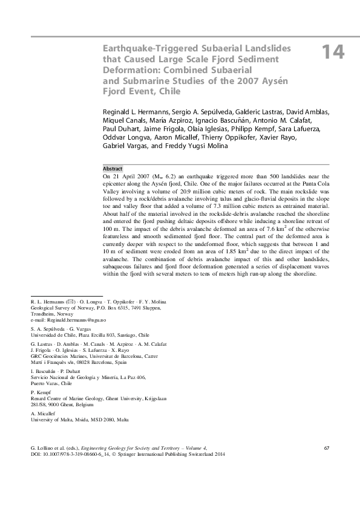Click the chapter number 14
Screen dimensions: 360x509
coord(332,53)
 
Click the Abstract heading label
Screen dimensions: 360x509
coord(113,168)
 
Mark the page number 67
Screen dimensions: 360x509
coord(327,448)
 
